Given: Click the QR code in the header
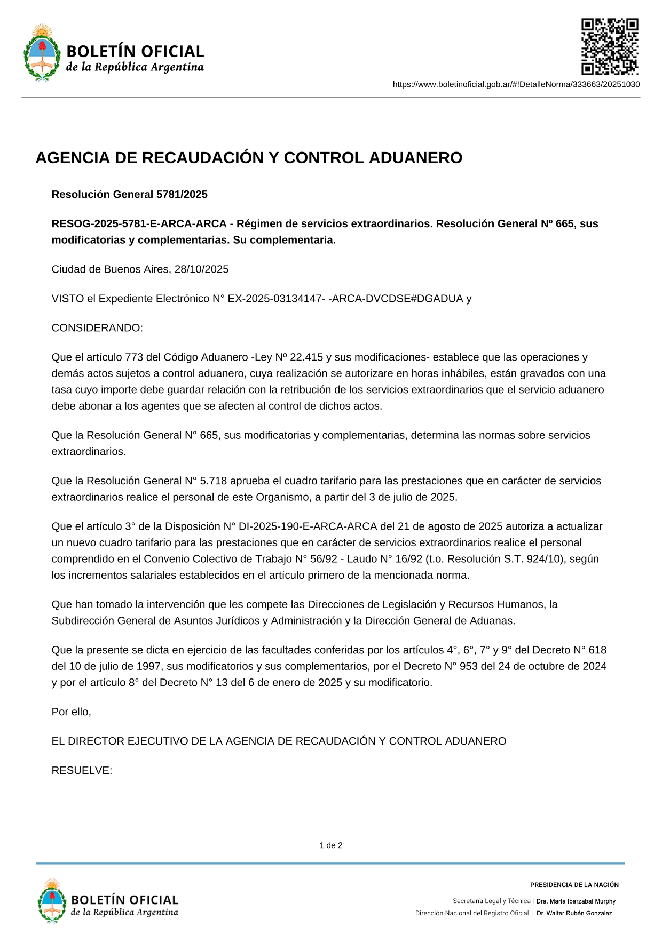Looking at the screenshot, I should [609, 47].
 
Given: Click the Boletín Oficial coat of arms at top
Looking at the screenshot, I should [42, 52].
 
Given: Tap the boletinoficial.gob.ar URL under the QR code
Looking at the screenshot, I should [516, 84].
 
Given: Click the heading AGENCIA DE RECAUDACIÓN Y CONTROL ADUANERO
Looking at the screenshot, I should [249, 158].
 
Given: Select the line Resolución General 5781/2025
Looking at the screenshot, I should [129, 194].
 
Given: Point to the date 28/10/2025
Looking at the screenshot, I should [201, 269].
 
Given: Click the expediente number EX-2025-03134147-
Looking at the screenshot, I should [277, 299].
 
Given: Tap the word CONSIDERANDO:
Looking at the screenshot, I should [97, 328].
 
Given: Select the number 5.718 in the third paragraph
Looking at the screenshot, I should [213, 481].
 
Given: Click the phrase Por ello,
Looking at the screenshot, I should [71, 712].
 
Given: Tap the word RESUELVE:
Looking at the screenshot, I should [82, 771].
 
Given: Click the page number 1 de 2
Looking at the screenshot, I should [331, 845].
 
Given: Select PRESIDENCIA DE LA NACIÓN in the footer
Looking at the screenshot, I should [574, 885].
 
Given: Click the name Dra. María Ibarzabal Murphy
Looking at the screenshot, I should [576, 901].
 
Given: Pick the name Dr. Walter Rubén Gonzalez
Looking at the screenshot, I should [574, 913].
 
